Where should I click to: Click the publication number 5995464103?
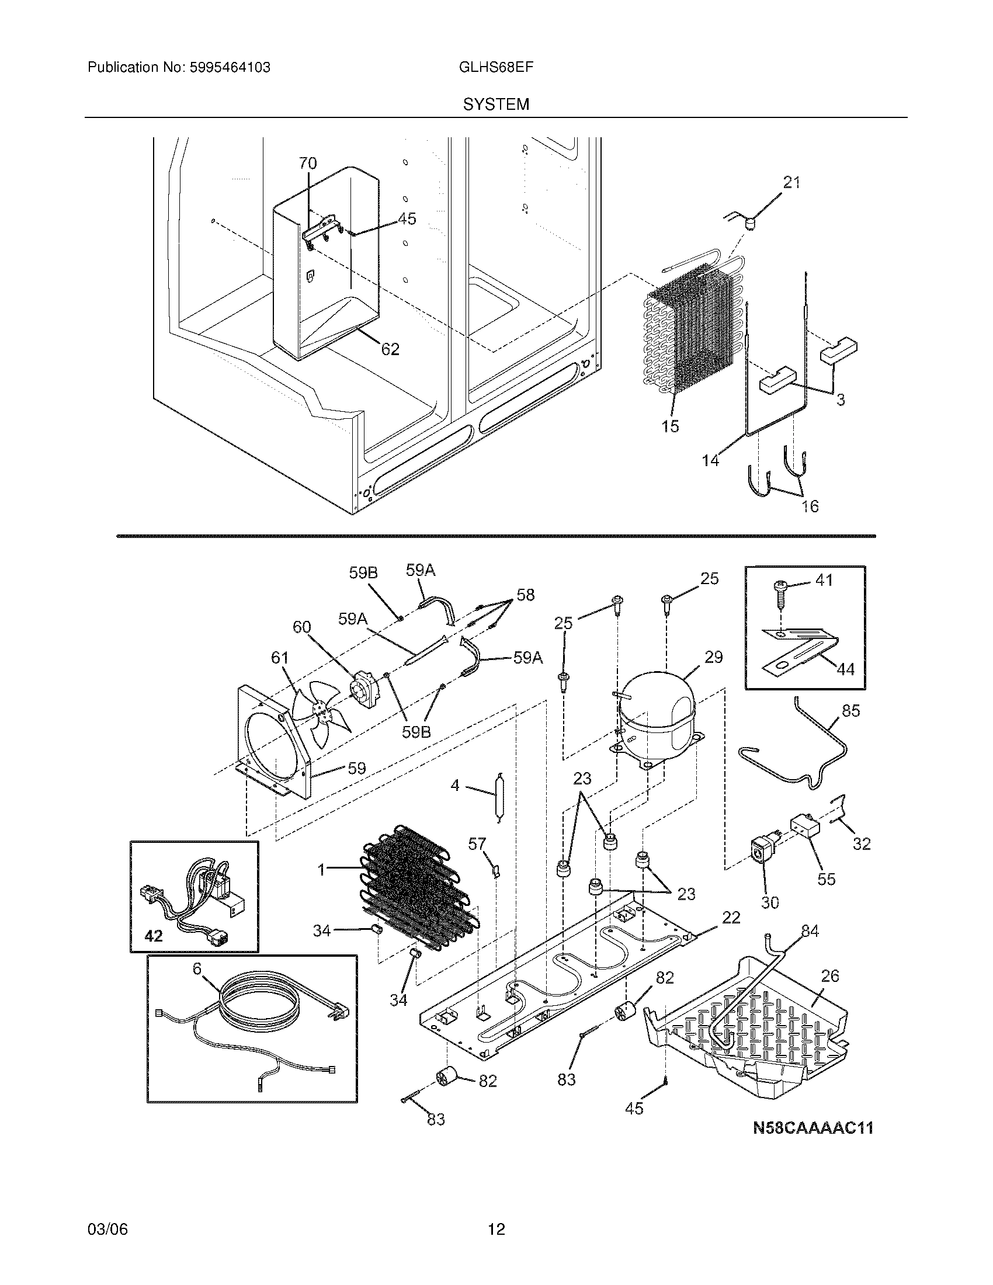[x=230, y=68]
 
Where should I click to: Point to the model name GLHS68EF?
[x=496, y=67]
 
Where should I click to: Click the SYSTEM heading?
[x=496, y=105]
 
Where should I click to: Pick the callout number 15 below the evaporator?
[x=670, y=426]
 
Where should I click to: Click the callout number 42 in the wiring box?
[x=154, y=936]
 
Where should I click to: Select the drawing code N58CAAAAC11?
[x=813, y=1128]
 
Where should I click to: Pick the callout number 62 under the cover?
[x=390, y=349]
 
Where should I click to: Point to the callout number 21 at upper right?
[x=792, y=183]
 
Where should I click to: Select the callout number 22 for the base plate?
[x=731, y=917]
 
